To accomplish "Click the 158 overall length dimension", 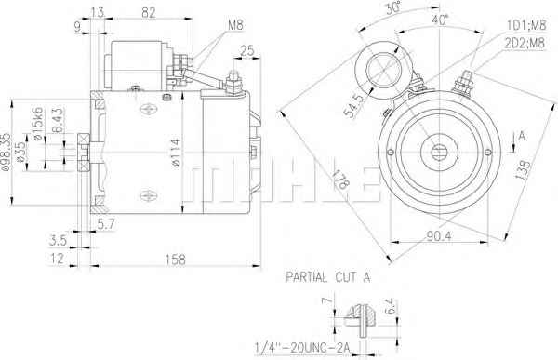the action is click(176, 260).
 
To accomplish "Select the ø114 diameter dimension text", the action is click(176, 153).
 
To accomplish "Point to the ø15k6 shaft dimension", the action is click(37, 123).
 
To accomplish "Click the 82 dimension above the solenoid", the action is click(149, 12).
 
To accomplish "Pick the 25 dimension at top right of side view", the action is click(247, 51).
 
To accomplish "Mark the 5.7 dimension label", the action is click(106, 224).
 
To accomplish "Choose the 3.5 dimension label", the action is click(58, 240).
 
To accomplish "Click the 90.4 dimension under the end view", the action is click(439, 235).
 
